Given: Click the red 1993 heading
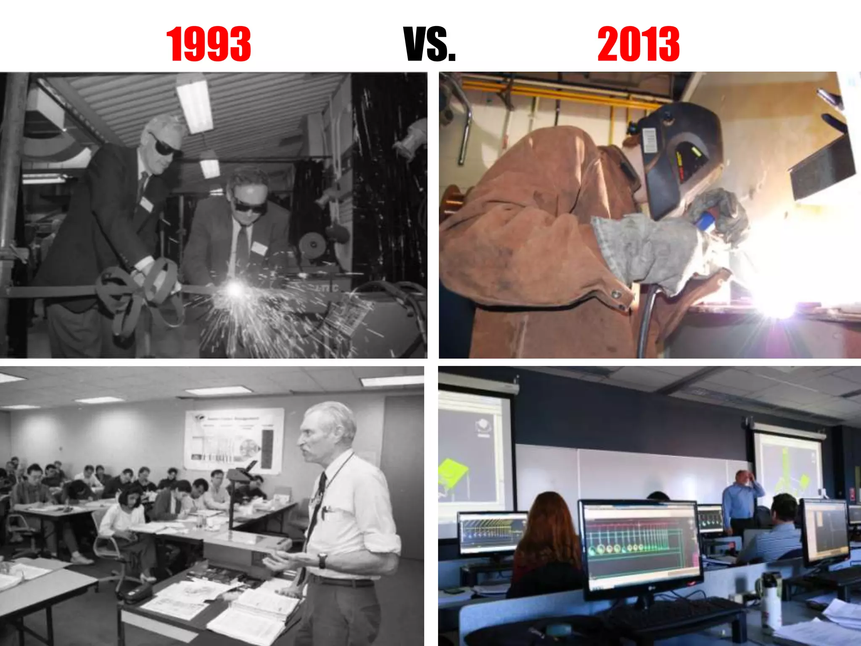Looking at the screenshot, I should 209,44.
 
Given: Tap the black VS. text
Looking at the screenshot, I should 430,44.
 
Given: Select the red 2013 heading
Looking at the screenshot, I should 638,44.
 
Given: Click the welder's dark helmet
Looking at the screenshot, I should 677,160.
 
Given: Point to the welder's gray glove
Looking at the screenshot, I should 647,248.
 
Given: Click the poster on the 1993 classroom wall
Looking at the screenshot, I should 234,440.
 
